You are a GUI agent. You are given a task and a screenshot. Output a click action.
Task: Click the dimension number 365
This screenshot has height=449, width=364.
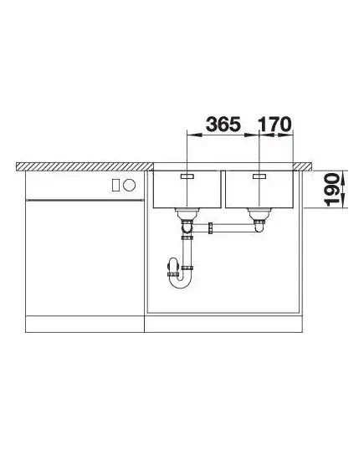223,124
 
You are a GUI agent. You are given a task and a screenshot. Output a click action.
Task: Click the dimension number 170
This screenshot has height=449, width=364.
274,124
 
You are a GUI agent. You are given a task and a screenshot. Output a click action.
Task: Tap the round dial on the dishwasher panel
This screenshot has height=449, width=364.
129,185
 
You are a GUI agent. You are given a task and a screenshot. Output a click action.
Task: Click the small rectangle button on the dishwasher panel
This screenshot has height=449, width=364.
115,185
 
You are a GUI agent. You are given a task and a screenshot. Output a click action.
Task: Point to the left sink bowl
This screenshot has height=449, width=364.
187,189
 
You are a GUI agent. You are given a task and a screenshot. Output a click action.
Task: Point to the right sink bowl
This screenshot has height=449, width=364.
259,189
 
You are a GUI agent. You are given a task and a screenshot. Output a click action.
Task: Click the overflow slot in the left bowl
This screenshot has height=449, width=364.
187,176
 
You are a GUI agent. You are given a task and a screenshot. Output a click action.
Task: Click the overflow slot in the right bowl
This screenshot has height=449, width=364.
259,176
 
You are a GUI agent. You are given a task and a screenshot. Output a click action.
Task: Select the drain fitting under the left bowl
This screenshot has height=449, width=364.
187,214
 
